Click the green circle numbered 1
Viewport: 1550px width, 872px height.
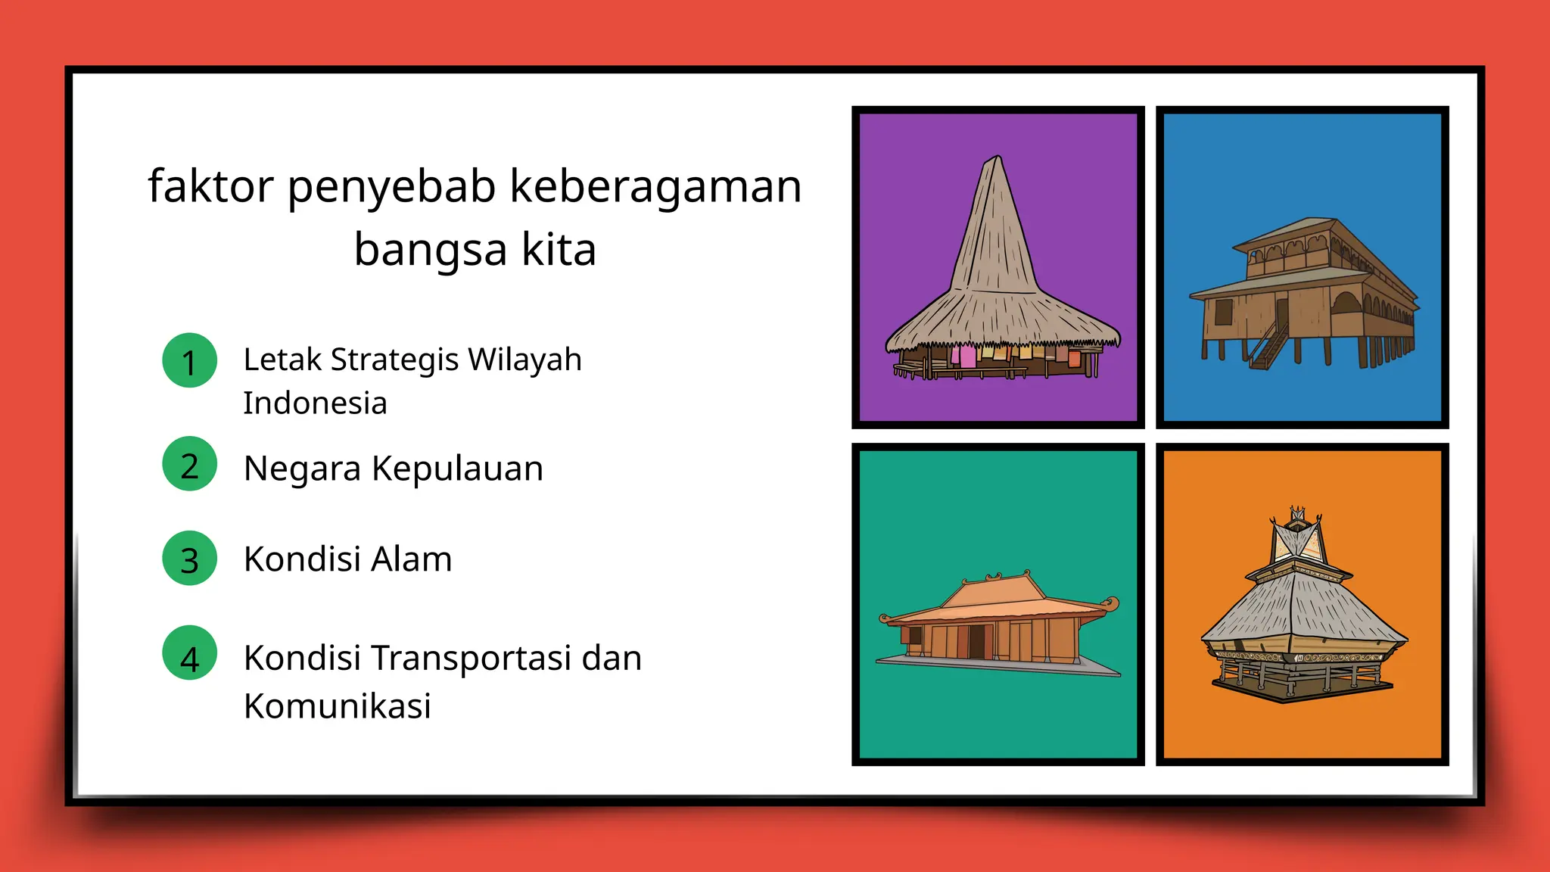tap(189, 360)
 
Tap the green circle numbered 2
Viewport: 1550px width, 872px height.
tap(189, 464)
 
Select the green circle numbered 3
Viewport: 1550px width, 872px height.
tap(189, 559)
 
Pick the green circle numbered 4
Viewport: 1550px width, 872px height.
tap(189, 653)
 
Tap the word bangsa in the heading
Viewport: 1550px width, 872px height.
tap(430, 249)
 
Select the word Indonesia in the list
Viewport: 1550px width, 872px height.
tap(315, 403)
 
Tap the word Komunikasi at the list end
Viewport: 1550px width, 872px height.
tap(337, 706)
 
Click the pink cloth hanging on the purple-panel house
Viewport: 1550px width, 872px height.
tap(967, 356)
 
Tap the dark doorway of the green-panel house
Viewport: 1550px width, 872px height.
tap(976, 640)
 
